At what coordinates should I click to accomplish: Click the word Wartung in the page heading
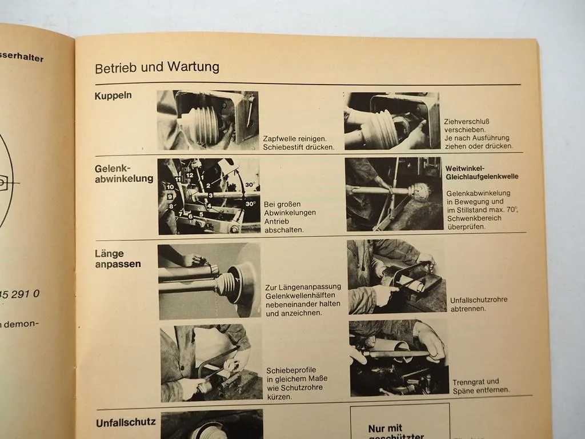click(x=193, y=67)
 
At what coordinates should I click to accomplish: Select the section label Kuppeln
click(x=113, y=95)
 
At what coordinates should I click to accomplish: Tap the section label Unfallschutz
click(x=126, y=422)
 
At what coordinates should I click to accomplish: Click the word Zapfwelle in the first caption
click(x=281, y=138)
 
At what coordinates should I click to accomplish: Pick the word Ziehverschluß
click(x=467, y=121)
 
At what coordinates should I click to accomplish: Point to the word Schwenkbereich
click(x=474, y=218)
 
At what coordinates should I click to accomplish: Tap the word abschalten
click(x=284, y=230)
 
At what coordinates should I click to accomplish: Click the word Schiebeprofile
click(x=291, y=370)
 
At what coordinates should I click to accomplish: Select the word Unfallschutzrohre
click(x=479, y=300)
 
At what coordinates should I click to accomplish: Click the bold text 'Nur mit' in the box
click(x=385, y=428)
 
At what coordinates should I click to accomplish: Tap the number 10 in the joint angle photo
click(x=170, y=186)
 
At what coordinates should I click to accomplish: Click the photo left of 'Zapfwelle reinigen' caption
click(x=208, y=119)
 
